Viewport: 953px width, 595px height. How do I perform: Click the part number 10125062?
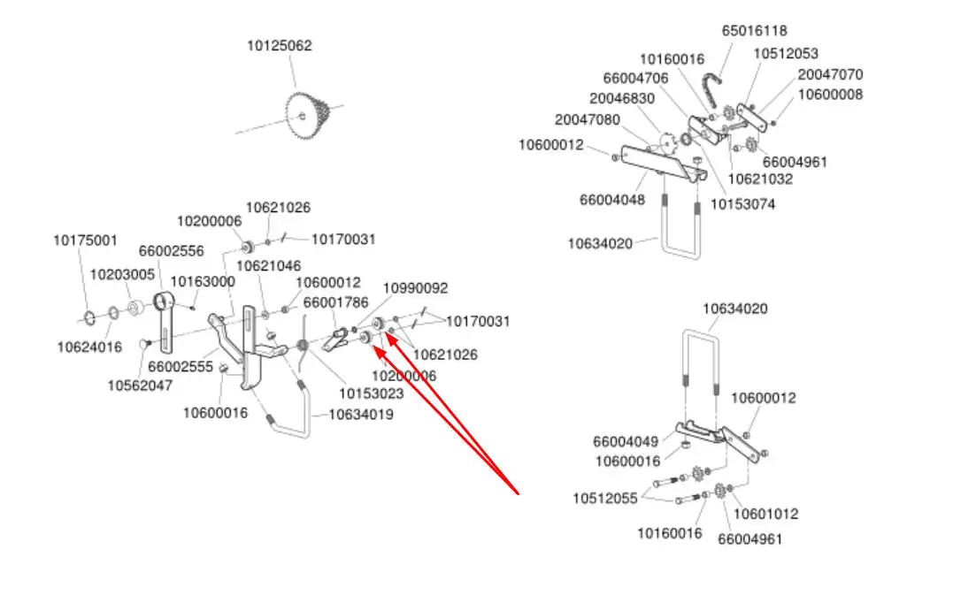coord(279,46)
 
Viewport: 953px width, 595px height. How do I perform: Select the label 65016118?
coord(754,30)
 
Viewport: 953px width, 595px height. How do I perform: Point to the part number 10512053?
coord(786,54)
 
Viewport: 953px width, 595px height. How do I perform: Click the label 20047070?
coord(830,75)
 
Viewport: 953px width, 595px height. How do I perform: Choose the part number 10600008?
coord(830,95)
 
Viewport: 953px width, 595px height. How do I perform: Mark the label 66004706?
coord(636,79)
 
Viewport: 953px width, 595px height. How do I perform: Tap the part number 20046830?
coord(622,98)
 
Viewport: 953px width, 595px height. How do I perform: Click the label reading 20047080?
coord(588,119)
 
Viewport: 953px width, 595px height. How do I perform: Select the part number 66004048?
coord(612,200)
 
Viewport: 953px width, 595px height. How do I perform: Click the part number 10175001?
coord(85,240)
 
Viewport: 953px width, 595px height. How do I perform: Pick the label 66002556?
coord(171,251)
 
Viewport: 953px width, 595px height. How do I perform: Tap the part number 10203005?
coord(122,275)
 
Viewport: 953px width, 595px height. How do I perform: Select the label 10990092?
coord(415,288)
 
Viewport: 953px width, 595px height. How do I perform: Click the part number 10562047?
coord(140,385)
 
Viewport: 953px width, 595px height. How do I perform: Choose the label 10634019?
coord(361,414)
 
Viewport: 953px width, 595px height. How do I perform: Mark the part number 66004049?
coord(626,441)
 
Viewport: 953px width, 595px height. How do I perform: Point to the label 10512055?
coord(604,499)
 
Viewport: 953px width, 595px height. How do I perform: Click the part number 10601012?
coord(766,514)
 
